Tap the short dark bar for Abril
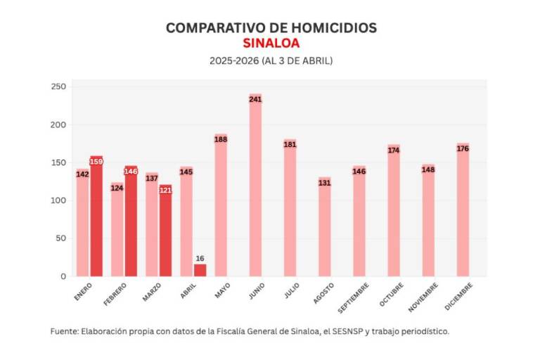click(x=200, y=270)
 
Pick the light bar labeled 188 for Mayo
click(x=221, y=205)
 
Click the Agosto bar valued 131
click(x=324, y=227)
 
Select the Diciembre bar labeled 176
click(x=463, y=210)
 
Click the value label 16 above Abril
click(x=200, y=259)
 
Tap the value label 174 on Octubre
click(x=394, y=150)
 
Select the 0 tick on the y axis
click(x=63, y=276)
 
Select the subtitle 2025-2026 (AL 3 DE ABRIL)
click(x=271, y=60)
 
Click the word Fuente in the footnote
click(x=65, y=330)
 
